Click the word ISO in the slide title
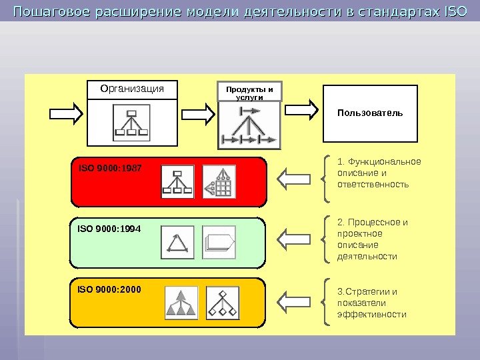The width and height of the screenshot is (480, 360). tap(455, 11)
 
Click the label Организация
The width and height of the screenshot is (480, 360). tap(131, 89)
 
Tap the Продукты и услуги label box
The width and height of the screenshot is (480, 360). tap(250, 93)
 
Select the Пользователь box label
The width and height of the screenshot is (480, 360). tap(370, 113)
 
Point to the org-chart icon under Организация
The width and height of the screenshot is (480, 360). tap(133, 123)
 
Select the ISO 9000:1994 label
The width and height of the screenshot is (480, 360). tap(100, 229)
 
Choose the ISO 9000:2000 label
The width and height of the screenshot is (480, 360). tap(100, 290)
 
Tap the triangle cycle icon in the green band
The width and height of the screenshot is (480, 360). tap(177, 243)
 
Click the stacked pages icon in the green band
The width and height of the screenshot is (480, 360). tap(219, 243)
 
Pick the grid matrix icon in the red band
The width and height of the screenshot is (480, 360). tap(219, 181)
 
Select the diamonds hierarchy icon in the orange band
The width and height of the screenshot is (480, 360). tap(222, 303)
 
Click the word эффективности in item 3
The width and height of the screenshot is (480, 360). tap(372, 314)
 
